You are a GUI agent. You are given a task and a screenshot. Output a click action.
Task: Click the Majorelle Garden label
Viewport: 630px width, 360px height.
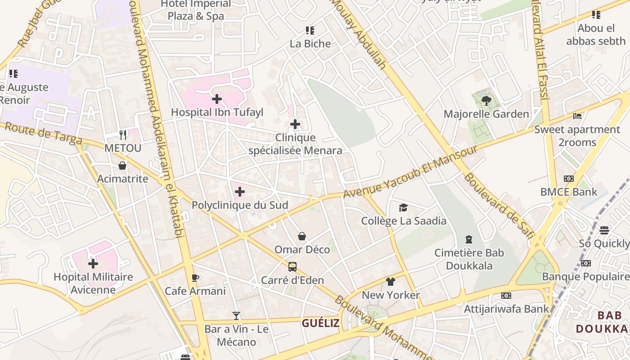pos(486,114)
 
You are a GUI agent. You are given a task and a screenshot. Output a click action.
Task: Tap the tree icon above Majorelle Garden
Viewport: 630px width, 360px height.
pos(486,100)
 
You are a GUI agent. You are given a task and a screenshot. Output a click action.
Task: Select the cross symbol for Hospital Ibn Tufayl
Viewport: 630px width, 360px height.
pos(217,99)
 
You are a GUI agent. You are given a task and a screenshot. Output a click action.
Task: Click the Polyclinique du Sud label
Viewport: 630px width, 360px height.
pos(240,205)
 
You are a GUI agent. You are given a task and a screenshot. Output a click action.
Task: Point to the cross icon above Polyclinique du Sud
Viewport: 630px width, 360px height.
pos(240,192)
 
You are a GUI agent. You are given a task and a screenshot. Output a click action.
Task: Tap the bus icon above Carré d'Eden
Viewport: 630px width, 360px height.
pos(292,267)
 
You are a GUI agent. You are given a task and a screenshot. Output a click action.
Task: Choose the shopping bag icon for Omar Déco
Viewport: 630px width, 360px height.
pos(302,236)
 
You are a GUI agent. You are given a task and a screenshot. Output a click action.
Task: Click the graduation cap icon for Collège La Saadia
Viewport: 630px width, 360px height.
pos(403,207)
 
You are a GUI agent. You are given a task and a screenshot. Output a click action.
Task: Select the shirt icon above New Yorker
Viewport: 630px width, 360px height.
pos(391,282)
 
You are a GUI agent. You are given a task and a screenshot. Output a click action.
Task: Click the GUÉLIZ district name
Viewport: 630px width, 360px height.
pos(320,323)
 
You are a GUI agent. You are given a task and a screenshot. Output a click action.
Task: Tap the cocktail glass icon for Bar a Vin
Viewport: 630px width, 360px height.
pos(236,315)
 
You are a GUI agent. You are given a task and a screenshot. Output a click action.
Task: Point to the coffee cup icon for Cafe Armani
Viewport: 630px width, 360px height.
pos(195,278)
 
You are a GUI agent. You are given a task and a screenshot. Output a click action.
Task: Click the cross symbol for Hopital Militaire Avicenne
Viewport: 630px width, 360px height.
pos(93,263)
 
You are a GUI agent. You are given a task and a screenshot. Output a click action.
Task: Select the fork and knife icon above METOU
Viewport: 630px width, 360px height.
pos(123,135)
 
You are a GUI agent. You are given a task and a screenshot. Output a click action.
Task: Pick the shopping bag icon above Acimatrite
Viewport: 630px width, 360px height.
pos(122,166)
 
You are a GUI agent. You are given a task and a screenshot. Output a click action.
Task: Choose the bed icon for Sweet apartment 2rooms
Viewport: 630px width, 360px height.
pos(577,116)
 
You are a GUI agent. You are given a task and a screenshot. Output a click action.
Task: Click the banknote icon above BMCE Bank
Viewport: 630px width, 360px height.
pos(569,179)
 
